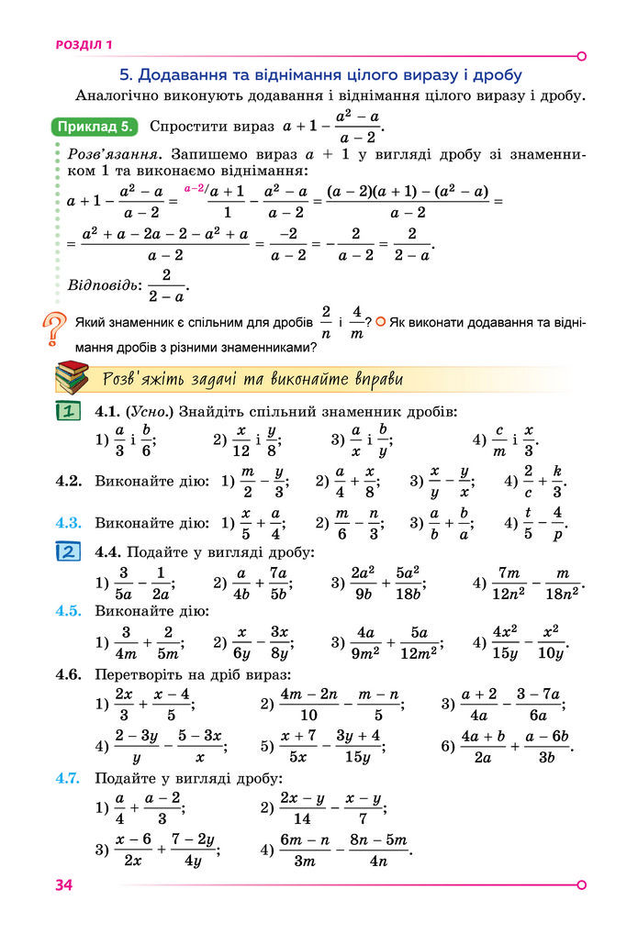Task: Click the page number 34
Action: click(x=63, y=885)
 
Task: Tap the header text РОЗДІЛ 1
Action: click(x=84, y=43)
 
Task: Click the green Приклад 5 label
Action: click(x=95, y=127)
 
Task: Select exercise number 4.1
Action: click(x=109, y=412)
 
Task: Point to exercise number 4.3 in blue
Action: click(x=70, y=524)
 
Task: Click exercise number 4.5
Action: click(x=70, y=610)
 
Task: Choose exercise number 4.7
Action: click(x=70, y=778)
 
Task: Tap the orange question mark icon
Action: click(x=56, y=329)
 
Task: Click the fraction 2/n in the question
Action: click(x=326, y=323)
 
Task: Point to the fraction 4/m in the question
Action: click(x=357, y=323)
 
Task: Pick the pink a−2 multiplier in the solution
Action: click(x=195, y=188)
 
